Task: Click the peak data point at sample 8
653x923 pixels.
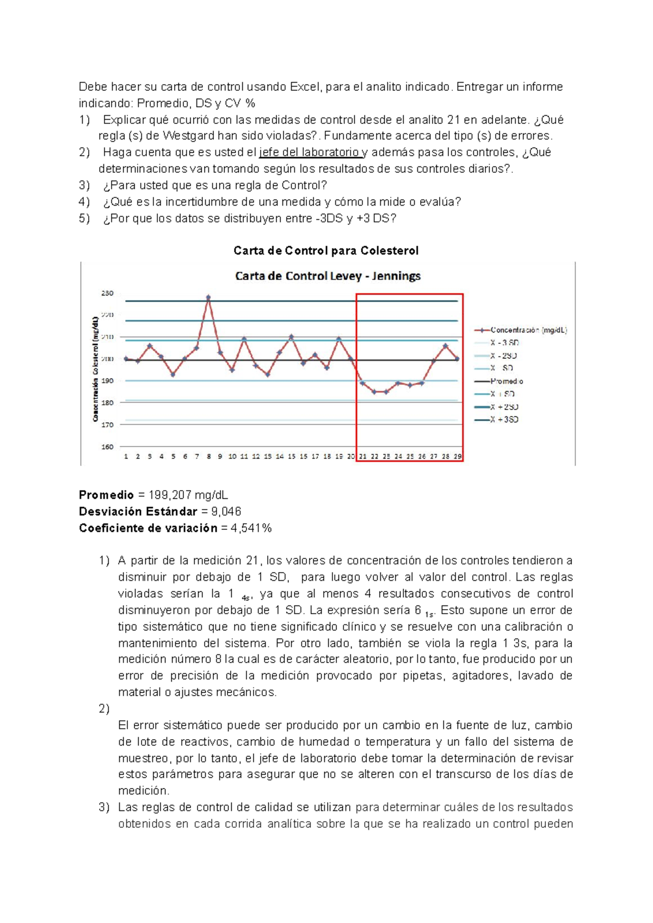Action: tap(208, 298)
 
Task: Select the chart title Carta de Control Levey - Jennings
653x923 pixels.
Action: tap(328, 276)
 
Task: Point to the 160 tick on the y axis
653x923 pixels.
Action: tap(107, 447)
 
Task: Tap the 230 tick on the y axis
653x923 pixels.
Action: tap(107, 293)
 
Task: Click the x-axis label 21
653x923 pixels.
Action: tap(362, 456)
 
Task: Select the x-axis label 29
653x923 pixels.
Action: tap(458, 456)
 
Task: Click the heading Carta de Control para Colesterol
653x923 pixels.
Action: tap(326, 251)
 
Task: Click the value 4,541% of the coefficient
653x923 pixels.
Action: tap(251, 528)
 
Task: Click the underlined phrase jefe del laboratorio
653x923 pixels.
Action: tap(309, 152)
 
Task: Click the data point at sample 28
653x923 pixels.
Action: tap(446, 345)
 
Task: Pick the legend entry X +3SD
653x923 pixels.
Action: tap(504, 419)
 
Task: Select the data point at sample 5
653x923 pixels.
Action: tap(173, 374)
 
